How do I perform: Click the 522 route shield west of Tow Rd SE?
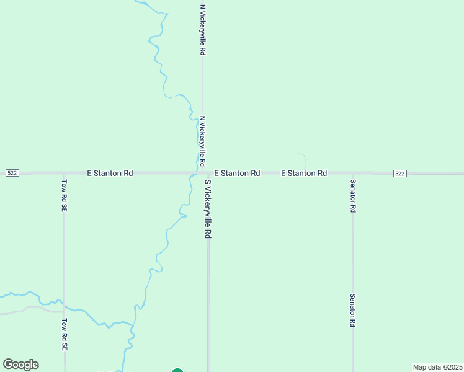point(12,174)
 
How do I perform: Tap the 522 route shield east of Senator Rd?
point(399,174)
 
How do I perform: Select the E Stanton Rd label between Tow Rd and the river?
point(110,174)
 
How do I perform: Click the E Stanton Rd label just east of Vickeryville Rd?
point(237,174)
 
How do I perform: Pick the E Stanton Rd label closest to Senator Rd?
point(304,174)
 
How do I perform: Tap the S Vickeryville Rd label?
point(208,210)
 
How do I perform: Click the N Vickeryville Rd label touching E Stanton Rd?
point(202,141)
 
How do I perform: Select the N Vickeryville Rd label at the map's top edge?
point(202,30)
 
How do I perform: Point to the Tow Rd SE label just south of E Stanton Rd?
point(64,196)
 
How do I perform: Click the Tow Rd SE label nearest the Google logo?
point(64,335)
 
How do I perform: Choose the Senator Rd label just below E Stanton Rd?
point(352,196)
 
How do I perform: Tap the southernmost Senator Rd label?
point(352,311)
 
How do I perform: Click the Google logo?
point(20,365)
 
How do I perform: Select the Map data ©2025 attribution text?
point(437,367)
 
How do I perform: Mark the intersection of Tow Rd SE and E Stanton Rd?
point(64,174)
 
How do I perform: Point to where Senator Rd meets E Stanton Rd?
point(352,174)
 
